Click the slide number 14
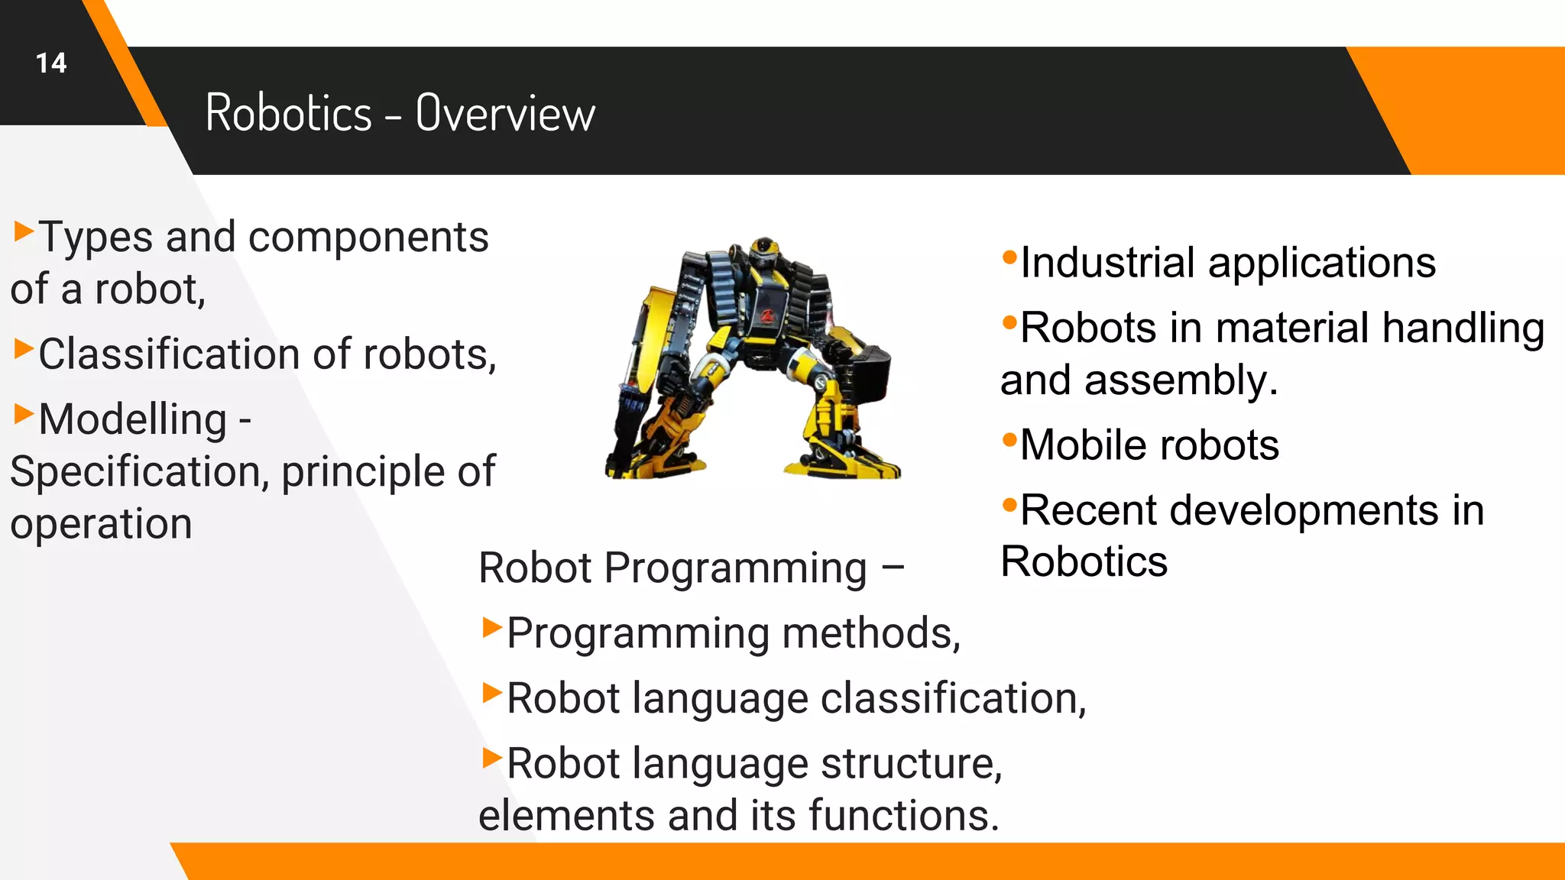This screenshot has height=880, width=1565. point(51,63)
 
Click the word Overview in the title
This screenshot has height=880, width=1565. point(505,113)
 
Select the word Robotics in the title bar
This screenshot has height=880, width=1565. point(288,113)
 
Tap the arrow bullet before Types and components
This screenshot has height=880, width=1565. point(24,230)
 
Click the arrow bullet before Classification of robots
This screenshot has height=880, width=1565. point(24,348)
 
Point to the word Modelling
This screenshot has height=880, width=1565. point(133,419)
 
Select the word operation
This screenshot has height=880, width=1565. point(101,524)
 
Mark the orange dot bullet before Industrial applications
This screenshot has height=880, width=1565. point(1009,257)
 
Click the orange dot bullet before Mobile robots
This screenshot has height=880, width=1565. point(1009,439)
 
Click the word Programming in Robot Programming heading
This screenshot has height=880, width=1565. point(735,568)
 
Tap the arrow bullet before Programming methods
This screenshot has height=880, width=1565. point(492,628)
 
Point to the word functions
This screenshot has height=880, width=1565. point(903,815)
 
